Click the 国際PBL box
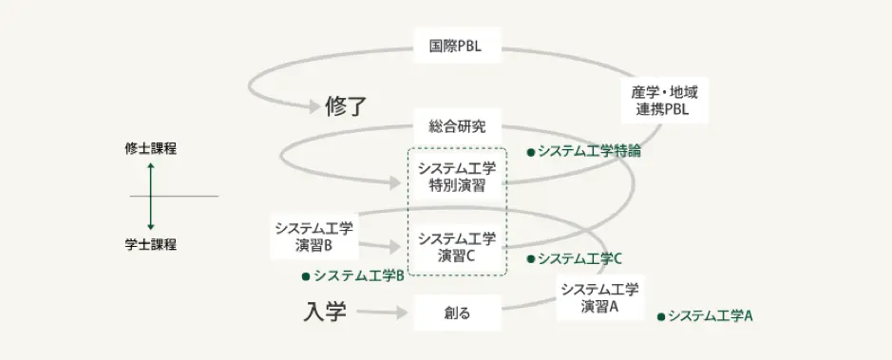458,44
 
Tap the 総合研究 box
458,126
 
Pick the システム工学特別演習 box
458,177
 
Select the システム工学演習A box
599,298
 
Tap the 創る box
458,312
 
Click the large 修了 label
345,105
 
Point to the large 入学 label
326,312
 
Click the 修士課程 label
150,148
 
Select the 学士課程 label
150,244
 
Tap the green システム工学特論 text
589,150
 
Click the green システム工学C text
579,258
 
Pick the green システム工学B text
359,276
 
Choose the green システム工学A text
710,315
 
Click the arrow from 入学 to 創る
382,312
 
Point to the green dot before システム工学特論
531,151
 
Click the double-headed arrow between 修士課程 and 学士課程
150,196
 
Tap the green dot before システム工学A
661,315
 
